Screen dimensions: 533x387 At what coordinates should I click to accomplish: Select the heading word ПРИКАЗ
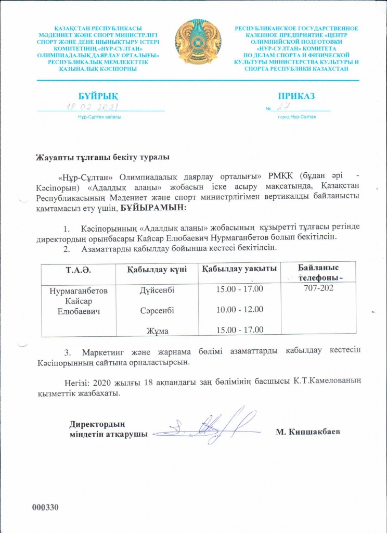(296, 96)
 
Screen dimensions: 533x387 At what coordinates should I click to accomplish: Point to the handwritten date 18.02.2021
(93, 107)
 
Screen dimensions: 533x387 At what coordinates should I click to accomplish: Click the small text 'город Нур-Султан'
(297, 117)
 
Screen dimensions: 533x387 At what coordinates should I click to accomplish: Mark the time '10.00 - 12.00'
(239, 309)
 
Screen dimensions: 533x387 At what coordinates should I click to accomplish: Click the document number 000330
(46, 507)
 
